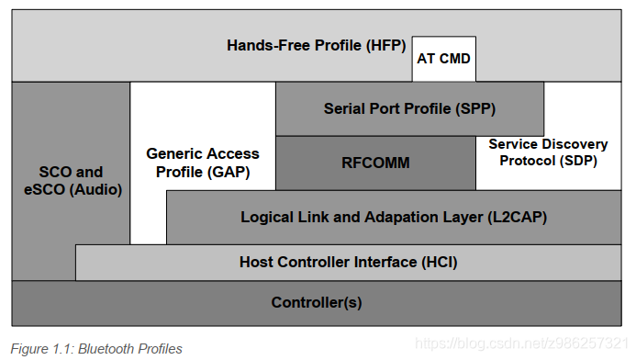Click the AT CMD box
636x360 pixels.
pos(443,59)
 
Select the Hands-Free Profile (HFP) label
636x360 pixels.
pos(316,44)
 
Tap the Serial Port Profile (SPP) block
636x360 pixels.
pos(409,108)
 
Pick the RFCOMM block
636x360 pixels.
pos(375,163)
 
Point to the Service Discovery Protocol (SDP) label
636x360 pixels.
pos(548,152)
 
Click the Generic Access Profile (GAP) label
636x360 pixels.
pos(203,163)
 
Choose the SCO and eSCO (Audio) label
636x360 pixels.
pos(71,181)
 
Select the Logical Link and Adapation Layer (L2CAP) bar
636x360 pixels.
pos(394,218)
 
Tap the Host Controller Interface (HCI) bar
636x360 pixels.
pos(348,262)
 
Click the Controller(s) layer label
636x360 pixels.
pos(316,302)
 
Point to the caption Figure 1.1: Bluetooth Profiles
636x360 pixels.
pos(96,348)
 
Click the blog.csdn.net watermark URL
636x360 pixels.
pos(521,343)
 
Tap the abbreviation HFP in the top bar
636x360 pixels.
pos(385,44)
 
